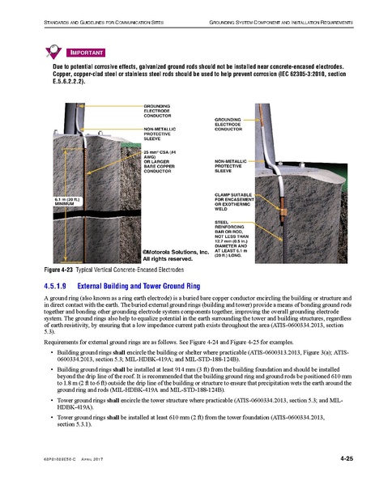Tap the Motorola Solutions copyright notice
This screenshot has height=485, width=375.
pyautogui.click(x=176, y=256)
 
